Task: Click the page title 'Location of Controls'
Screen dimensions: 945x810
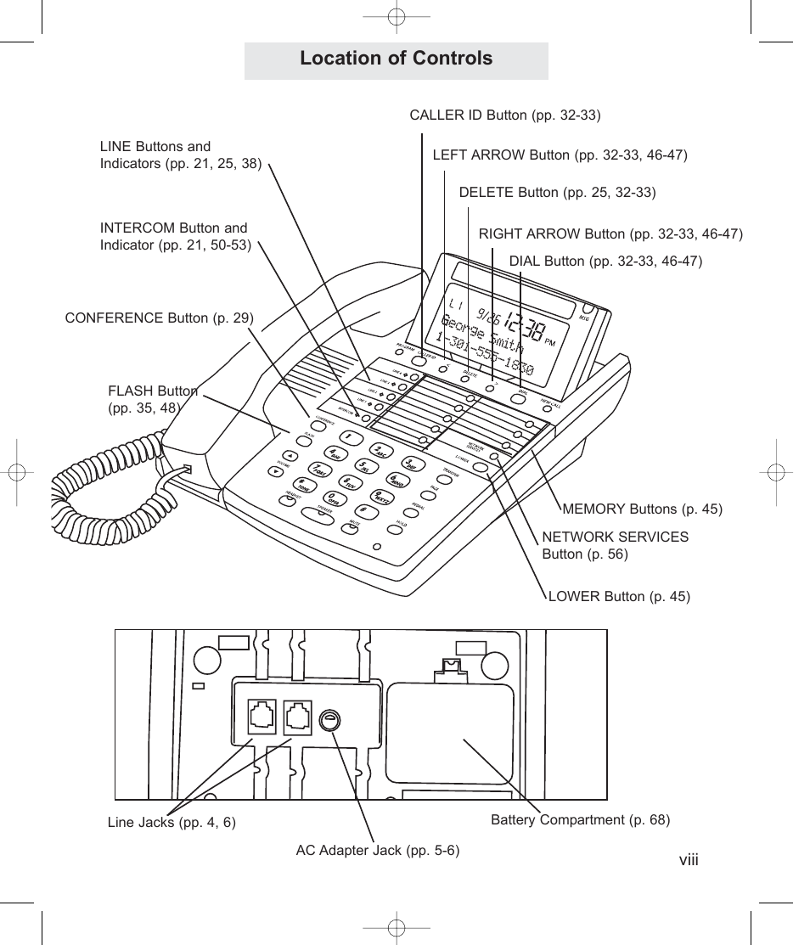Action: (396, 59)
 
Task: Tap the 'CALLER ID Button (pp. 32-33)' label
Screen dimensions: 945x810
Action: (504, 115)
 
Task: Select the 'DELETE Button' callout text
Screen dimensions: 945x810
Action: (557, 193)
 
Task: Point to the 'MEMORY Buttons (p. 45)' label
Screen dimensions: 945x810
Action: (642, 509)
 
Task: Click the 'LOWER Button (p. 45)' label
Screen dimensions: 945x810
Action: (619, 597)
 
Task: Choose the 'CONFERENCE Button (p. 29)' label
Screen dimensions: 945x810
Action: (160, 318)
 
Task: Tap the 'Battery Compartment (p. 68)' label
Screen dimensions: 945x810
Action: (580, 820)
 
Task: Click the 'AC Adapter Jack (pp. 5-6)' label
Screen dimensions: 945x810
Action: (377, 851)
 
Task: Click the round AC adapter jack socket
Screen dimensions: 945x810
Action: (329, 722)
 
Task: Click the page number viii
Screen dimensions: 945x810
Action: (688, 860)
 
